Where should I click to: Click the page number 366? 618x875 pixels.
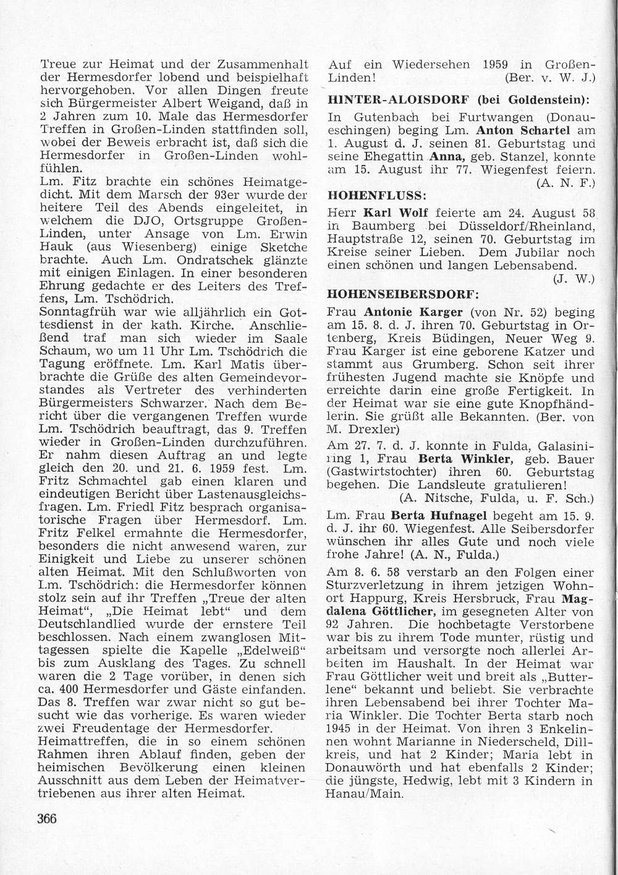coord(47,819)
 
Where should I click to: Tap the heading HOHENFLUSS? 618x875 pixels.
coord(376,196)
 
